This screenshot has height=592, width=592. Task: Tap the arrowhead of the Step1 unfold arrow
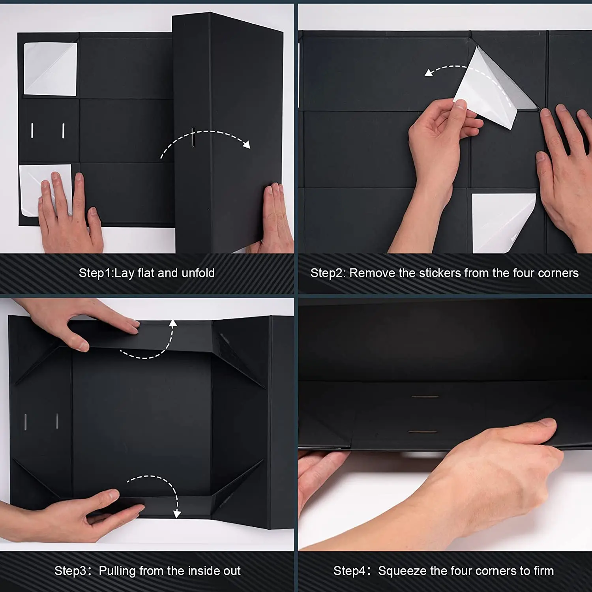pyautogui.click(x=246, y=145)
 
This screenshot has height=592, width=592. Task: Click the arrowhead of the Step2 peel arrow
pyautogui.click(x=429, y=73)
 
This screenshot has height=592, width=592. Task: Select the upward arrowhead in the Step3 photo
pyautogui.click(x=172, y=324)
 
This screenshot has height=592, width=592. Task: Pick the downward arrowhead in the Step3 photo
pyautogui.click(x=177, y=513)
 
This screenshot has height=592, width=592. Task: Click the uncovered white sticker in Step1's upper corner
pyautogui.click(x=50, y=69)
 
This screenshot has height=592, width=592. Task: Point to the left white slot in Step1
pyautogui.click(x=32, y=131)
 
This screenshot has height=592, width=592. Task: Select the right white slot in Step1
pyautogui.click(x=63, y=131)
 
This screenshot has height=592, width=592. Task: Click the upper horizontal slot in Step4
pyautogui.click(x=425, y=396)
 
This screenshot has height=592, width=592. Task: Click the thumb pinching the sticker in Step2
pyautogui.click(x=460, y=111)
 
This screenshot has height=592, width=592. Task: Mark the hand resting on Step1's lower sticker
pyautogui.click(x=70, y=215)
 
